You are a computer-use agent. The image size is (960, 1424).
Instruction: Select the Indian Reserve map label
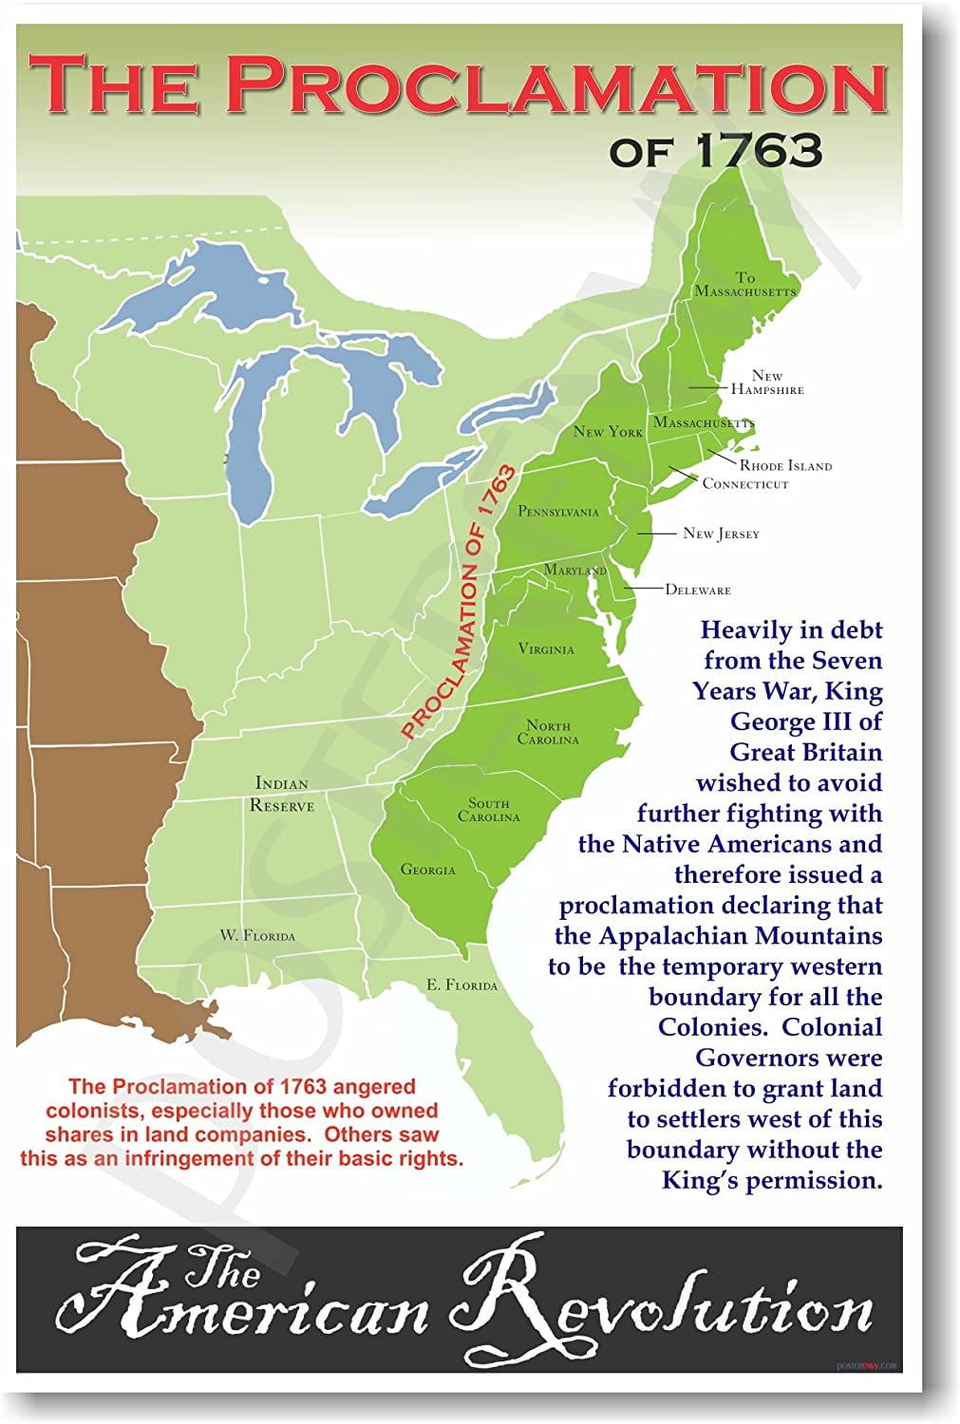pos(282,794)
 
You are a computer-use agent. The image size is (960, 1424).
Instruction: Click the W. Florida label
pos(257,935)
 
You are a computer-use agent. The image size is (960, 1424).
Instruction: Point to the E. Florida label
pos(461,984)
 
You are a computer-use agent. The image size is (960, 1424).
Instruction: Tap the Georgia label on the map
pos(427,869)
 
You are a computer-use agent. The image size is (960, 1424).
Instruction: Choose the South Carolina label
pos(489,810)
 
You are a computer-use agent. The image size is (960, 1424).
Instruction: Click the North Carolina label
pos(548,732)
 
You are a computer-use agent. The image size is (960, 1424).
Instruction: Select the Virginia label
pos(546,649)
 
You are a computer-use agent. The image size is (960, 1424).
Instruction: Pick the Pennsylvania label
pos(558,512)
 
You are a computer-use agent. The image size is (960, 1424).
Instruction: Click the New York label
pos(608,432)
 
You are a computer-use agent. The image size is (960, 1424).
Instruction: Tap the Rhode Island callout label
pos(785,466)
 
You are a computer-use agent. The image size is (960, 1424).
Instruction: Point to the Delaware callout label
pos(698,590)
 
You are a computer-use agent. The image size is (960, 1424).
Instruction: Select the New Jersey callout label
pos(721,534)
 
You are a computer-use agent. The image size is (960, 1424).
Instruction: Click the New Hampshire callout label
pos(767,383)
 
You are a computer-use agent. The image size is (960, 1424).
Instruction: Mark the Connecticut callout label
pos(745,484)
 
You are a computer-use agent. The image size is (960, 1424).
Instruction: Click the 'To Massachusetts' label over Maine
pos(745,284)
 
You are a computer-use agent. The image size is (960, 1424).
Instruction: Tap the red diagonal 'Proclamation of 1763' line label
pos(460,602)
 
